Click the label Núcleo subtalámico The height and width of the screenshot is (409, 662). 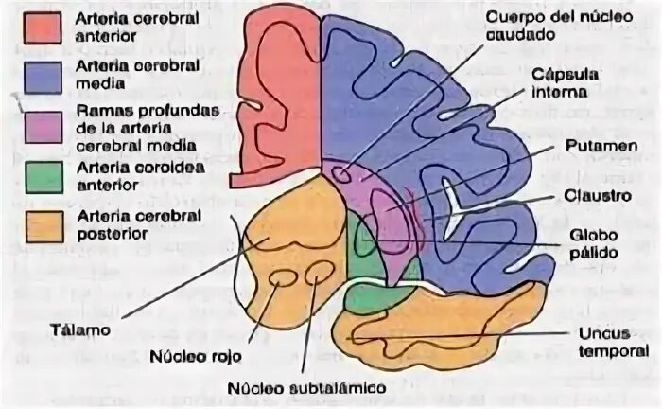coord(305,388)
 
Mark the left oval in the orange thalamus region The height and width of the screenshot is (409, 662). coord(282,279)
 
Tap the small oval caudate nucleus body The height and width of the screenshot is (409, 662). coord(340,175)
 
